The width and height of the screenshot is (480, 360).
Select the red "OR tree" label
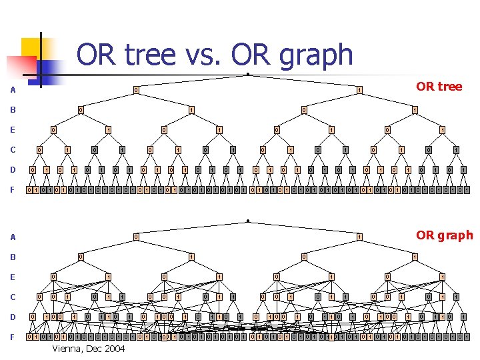[439, 87]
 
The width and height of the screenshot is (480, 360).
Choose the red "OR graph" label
[444, 235]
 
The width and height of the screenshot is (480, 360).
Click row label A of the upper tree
[12, 91]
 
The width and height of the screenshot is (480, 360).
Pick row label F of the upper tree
[12, 190]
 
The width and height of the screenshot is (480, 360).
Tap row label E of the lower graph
[12, 277]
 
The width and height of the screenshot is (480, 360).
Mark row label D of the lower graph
[12, 317]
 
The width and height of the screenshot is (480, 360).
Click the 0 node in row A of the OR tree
[135, 90]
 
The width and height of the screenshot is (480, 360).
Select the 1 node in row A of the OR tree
[359, 90]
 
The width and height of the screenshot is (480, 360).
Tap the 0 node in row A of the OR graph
[135, 236]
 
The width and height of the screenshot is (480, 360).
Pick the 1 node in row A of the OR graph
[359, 236]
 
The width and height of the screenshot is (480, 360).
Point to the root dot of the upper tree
[247, 74]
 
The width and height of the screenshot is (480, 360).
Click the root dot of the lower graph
[247, 220]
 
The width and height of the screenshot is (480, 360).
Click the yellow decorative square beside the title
[35, 50]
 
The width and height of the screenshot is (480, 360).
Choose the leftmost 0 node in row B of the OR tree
[80, 110]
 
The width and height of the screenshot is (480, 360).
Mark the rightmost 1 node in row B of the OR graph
[415, 256]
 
